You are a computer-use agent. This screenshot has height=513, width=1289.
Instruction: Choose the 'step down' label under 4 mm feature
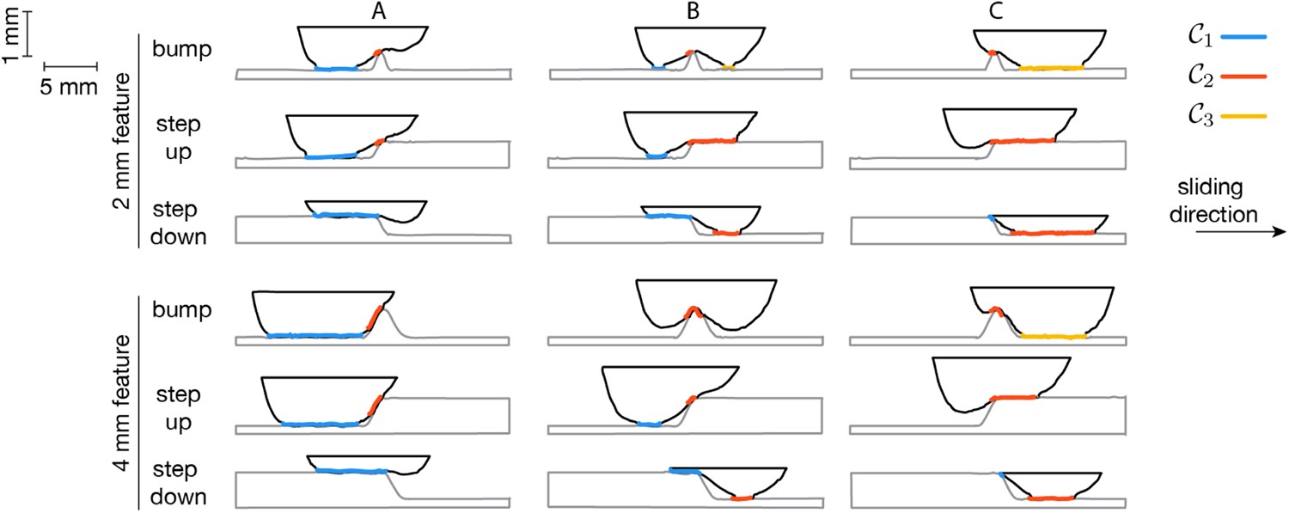[x=179, y=482]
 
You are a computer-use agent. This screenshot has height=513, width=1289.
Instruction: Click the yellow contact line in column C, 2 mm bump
[x=1051, y=67]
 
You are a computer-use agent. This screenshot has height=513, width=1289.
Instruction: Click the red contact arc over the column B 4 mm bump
[x=694, y=310]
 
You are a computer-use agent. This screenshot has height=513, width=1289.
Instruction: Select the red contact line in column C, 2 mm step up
[x=1022, y=141]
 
